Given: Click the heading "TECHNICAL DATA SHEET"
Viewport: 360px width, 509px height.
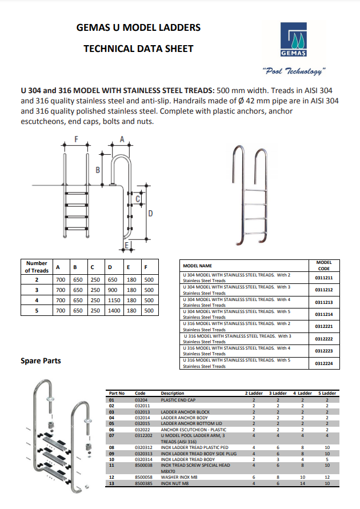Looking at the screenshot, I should click(x=138, y=49).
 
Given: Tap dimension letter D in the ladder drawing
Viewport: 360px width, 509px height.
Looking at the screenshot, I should click(x=150, y=214).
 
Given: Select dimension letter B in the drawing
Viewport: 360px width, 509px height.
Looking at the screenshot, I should click(x=98, y=170).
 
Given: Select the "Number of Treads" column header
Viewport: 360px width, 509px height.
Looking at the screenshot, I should click(x=37, y=267).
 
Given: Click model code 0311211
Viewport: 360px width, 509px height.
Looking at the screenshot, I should click(x=323, y=278).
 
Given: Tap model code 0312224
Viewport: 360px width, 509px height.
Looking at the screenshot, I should click(x=323, y=363).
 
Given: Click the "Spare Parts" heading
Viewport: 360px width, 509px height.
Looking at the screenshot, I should click(x=41, y=361).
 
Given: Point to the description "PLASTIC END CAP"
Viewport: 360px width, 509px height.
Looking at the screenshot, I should click(x=179, y=400).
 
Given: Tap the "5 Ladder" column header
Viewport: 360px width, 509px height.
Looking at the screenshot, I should click(x=327, y=394).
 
